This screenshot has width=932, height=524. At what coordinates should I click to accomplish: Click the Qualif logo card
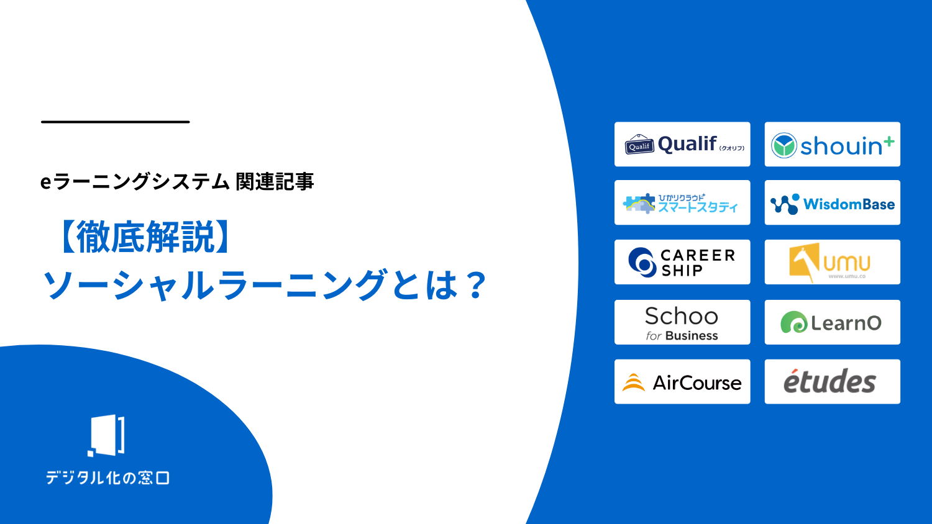[x=682, y=144]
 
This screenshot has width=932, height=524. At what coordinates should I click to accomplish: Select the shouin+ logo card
[x=832, y=144]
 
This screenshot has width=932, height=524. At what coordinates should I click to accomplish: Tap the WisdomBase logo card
[x=832, y=202]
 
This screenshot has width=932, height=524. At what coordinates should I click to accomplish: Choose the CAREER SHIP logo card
[x=682, y=262]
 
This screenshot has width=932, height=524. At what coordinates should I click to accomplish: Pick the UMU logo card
[x=832, y=262]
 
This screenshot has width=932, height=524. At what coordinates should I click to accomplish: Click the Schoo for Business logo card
[x=682, y=322]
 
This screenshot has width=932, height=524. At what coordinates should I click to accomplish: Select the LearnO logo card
[x=832, y=322]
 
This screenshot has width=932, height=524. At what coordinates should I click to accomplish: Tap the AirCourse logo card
[x=682, y=381]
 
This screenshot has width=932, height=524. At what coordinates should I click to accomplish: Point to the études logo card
[x=832, y=381]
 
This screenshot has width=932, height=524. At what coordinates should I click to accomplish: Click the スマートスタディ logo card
[x=682, y=202]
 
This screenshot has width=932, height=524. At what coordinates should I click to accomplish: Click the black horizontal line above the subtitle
[x=115, y=122]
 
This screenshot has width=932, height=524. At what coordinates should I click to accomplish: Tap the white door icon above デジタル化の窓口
[x=106, y=435]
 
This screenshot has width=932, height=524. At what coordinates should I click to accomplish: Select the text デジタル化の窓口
[x=107, y=478]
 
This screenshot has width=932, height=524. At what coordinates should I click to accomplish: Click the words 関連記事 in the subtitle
[x=275, y=182]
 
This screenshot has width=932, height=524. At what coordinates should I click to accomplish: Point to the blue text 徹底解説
[x=145, y=237]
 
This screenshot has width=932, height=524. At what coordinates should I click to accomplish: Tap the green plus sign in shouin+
[x=889, y=142]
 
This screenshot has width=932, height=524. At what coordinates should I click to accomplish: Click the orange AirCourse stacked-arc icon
[x=633, y=382]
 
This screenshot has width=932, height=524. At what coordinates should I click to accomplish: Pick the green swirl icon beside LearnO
[x=794, y=322]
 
